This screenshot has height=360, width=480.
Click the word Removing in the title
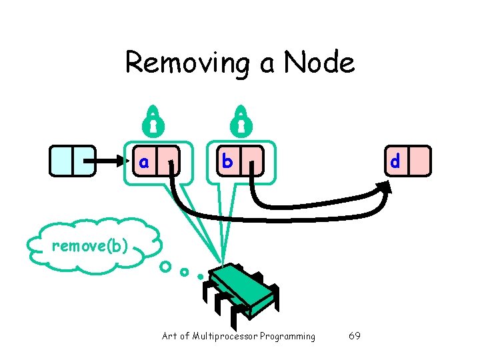[185, 63]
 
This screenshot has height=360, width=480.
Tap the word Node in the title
[319, 63]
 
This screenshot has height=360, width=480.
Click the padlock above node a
[153, 120]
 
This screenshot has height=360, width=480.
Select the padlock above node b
[241, 120]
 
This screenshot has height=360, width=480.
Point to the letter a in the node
[144, 161]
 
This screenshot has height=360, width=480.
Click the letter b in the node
[227, 161]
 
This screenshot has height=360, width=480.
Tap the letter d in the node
[395, 161]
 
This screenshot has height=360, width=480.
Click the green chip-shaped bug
[239, 289]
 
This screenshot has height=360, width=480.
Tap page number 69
[355, 336]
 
